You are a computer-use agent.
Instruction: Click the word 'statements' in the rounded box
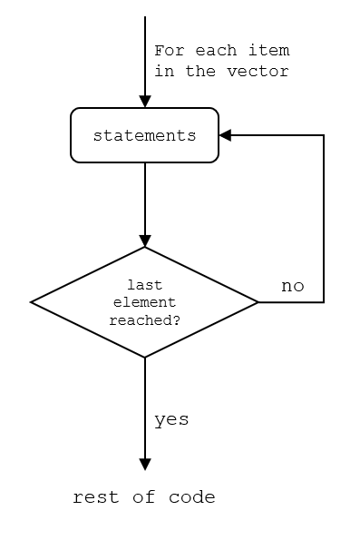144,136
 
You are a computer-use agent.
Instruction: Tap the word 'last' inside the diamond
144,285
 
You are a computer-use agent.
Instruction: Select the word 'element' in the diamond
144,302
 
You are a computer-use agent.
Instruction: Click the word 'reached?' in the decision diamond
144,319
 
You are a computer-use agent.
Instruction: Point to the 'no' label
292,287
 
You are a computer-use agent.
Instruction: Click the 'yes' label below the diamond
171,419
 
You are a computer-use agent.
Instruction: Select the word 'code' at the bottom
192,497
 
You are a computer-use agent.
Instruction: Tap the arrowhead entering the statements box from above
144,102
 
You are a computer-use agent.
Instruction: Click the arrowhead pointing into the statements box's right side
225,135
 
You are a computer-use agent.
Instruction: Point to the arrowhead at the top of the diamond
144,241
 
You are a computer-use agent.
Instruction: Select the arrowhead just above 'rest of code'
144,465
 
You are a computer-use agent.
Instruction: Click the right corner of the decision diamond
258,302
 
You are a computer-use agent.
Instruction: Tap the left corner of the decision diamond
32,302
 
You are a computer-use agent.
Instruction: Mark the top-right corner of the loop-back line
324,135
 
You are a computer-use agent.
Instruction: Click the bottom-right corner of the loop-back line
324,302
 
